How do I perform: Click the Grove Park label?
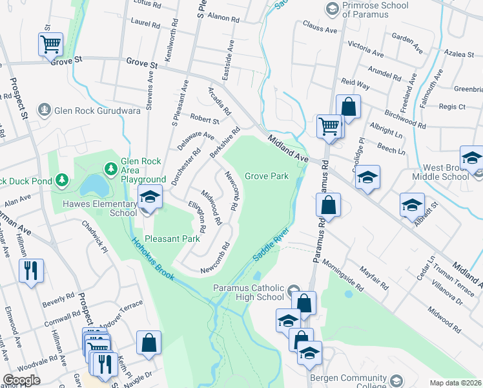pyautogui.click(x=266, y=176)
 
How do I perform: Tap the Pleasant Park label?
pyautogui.click(x=172, y=239)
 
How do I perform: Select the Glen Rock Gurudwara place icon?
pyautogui.click(x=44, y=111)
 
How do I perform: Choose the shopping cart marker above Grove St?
pyautogui.click(x=50, y=45)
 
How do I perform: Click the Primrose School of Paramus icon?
pyautogui.click(x=333, y=8)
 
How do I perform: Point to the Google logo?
pyautogui.click(x=22, y=380)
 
